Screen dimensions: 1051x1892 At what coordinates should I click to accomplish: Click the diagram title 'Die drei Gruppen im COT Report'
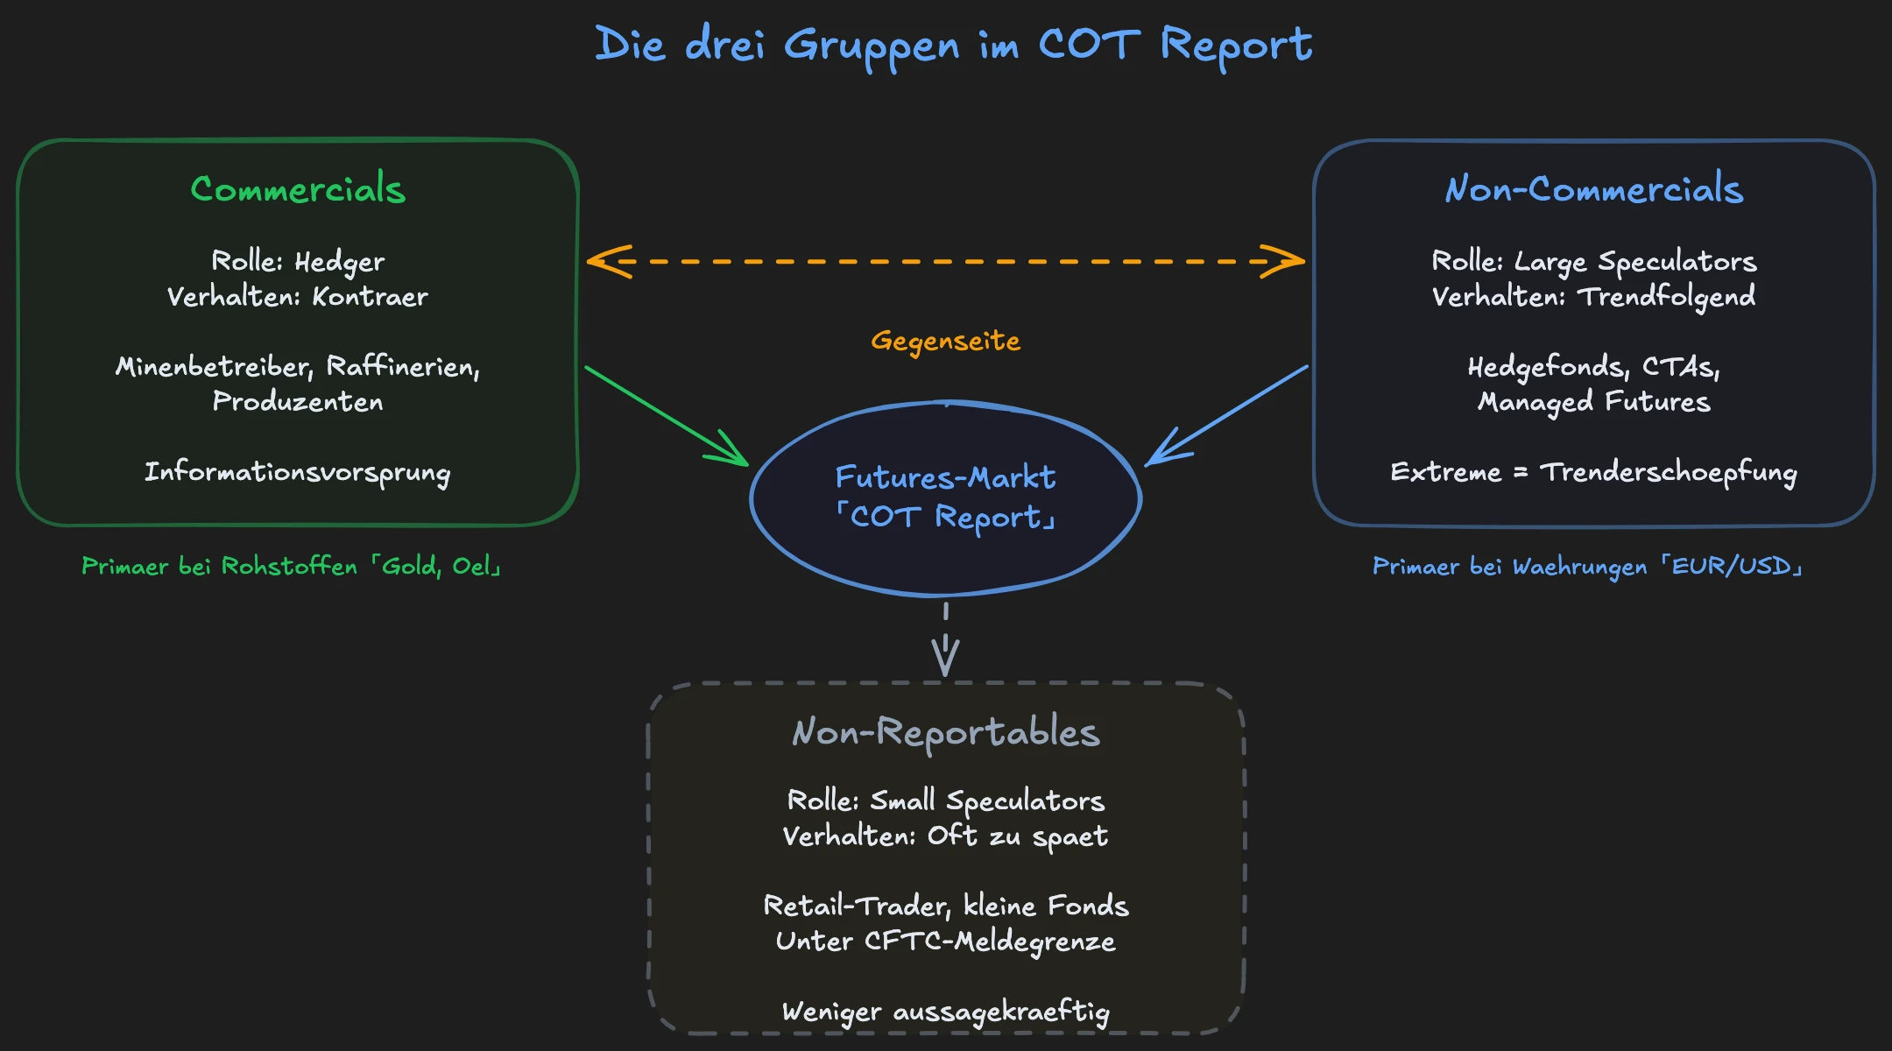(x=953, y=46)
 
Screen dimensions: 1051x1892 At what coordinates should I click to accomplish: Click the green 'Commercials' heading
(x=298, y=189)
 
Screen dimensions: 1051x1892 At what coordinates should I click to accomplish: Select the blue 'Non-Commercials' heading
(x=1594, y=189)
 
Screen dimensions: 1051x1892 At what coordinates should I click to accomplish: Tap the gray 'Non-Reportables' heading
(x=946, y=732)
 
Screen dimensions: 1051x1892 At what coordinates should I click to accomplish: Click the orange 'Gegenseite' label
(x=946, y=341)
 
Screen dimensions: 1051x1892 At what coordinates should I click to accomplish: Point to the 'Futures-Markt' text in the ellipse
(x=946, y=477)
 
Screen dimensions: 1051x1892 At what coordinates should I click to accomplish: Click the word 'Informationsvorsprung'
(x=298, y=472)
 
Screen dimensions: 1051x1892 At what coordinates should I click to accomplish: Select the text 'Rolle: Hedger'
(x=298, y=261)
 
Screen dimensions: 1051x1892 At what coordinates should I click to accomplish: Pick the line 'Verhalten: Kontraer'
(x=298, y=297)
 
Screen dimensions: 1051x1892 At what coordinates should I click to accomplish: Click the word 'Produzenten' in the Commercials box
(x=298, y=402)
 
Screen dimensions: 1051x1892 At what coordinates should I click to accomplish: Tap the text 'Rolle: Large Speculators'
(x=1594, y=261)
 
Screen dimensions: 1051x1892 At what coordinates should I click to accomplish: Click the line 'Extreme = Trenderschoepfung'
(x=1594, y=472)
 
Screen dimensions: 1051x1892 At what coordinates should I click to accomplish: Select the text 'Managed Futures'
(x=1594, y=402)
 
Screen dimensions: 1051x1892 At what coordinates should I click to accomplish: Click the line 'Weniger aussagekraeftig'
(x=946, y=1012)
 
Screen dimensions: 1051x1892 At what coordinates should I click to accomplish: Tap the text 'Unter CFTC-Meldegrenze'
(x=946, y=942)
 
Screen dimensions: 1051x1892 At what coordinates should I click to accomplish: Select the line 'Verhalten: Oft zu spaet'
(x=946, y=836)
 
